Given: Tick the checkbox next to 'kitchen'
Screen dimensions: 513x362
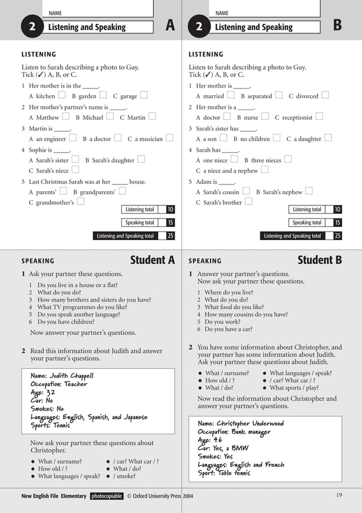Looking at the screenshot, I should [x=61, y=95].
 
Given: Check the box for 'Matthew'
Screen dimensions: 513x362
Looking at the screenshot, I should [x=65, y=117].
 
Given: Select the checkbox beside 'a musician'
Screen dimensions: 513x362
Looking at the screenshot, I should [x=169, y=138].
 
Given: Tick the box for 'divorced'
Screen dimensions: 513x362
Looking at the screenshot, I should [x=325, y=95].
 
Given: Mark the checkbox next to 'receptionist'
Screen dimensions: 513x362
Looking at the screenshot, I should [x=319, y=117].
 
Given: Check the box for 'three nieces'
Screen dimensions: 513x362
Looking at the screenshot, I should [x=288, y=159].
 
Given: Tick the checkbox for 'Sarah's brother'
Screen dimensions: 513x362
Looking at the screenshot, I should [x=249, y=201].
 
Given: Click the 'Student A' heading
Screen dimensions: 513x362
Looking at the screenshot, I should [x=153, y=260].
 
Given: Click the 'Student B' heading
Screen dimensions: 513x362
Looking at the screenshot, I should [x=319, y=260].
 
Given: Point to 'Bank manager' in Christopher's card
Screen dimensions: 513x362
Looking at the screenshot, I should [x=251, y=432].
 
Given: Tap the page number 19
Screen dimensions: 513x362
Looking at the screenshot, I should [x=339, y=495].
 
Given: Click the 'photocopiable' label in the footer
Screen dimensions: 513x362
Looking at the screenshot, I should [x=107, y=496].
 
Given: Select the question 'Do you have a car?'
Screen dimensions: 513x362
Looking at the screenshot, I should [x=229, y=329].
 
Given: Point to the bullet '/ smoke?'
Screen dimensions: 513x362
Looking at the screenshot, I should [x=128, y=477].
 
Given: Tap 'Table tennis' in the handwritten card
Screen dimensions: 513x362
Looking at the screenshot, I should [x=234, y=473].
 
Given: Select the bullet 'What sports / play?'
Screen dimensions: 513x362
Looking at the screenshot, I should [x=294, y=388].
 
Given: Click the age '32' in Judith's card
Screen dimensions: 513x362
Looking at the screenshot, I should [x=50, y=392].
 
